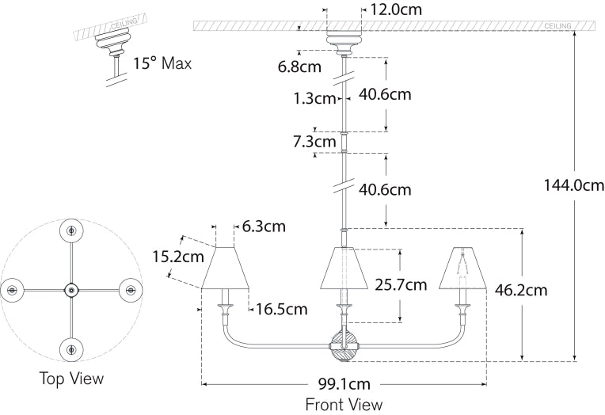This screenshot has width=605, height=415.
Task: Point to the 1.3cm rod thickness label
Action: tap(314, 99)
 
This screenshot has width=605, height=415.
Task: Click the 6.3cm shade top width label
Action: tap(264, 227)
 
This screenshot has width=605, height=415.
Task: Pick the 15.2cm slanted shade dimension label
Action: tap(178, 257)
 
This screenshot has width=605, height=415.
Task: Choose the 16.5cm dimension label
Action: tap(280, 310)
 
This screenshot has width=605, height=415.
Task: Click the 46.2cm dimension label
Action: tap(521, 290)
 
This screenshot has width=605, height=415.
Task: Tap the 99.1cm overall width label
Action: tap(344, 385)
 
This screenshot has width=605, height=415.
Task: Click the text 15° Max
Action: tap(162, 63)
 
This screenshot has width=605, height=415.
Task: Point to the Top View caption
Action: tap(71, 379)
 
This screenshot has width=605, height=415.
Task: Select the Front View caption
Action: tap(344, 404)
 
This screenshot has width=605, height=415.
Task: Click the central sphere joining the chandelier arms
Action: tap(344, 346)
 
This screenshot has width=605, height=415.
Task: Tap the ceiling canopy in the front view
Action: tap(344, 40)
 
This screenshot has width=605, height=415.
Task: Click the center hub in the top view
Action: tap(71, 290)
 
